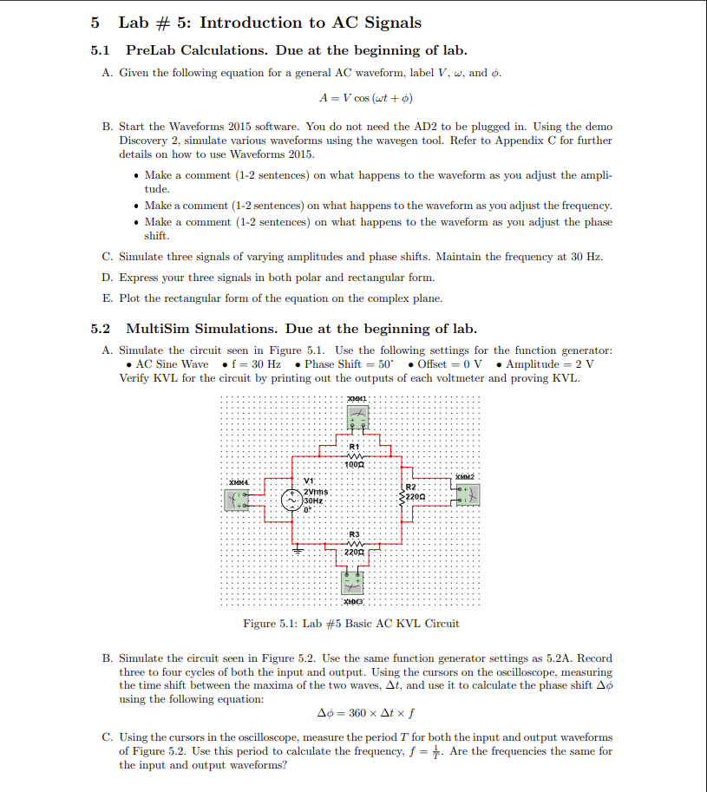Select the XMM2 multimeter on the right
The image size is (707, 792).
467,494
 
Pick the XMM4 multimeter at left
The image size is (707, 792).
239,500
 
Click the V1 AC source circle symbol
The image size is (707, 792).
291,500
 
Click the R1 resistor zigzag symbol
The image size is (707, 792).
354,456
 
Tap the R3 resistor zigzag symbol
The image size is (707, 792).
354,542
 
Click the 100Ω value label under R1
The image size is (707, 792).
354,465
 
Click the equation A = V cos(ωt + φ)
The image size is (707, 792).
365,98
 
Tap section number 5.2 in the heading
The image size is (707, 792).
101,329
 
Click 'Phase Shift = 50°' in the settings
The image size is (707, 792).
341,363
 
